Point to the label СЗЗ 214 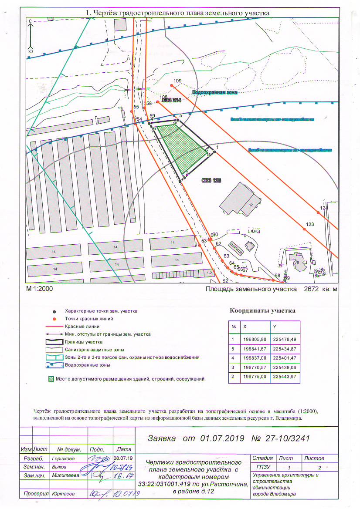[171, 100]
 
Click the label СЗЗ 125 [210, 179]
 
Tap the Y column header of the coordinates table [274, 327]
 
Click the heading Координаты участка [262, 311]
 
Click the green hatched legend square [51, 379]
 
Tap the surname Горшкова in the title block [63, 458]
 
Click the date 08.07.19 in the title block [123, 458]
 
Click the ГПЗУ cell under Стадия [262, 467]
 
